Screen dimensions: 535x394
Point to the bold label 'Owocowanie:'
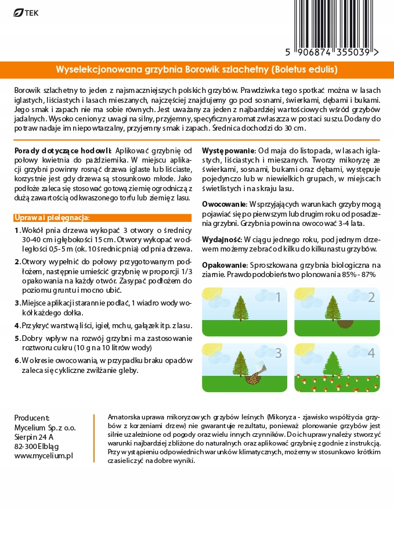223,204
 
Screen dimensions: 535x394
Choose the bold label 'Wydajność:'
222,239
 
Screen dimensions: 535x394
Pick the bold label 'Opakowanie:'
224,265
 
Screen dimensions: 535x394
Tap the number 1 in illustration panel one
277,298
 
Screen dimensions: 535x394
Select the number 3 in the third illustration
277,353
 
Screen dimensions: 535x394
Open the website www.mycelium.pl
44,456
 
